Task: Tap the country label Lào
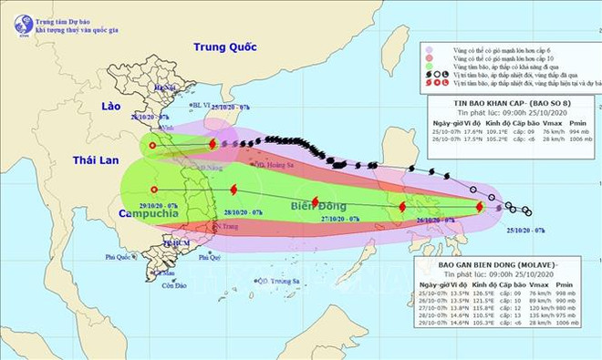coord(110,107)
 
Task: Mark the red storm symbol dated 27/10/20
coord(315,202)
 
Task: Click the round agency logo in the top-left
coord(24,26)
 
